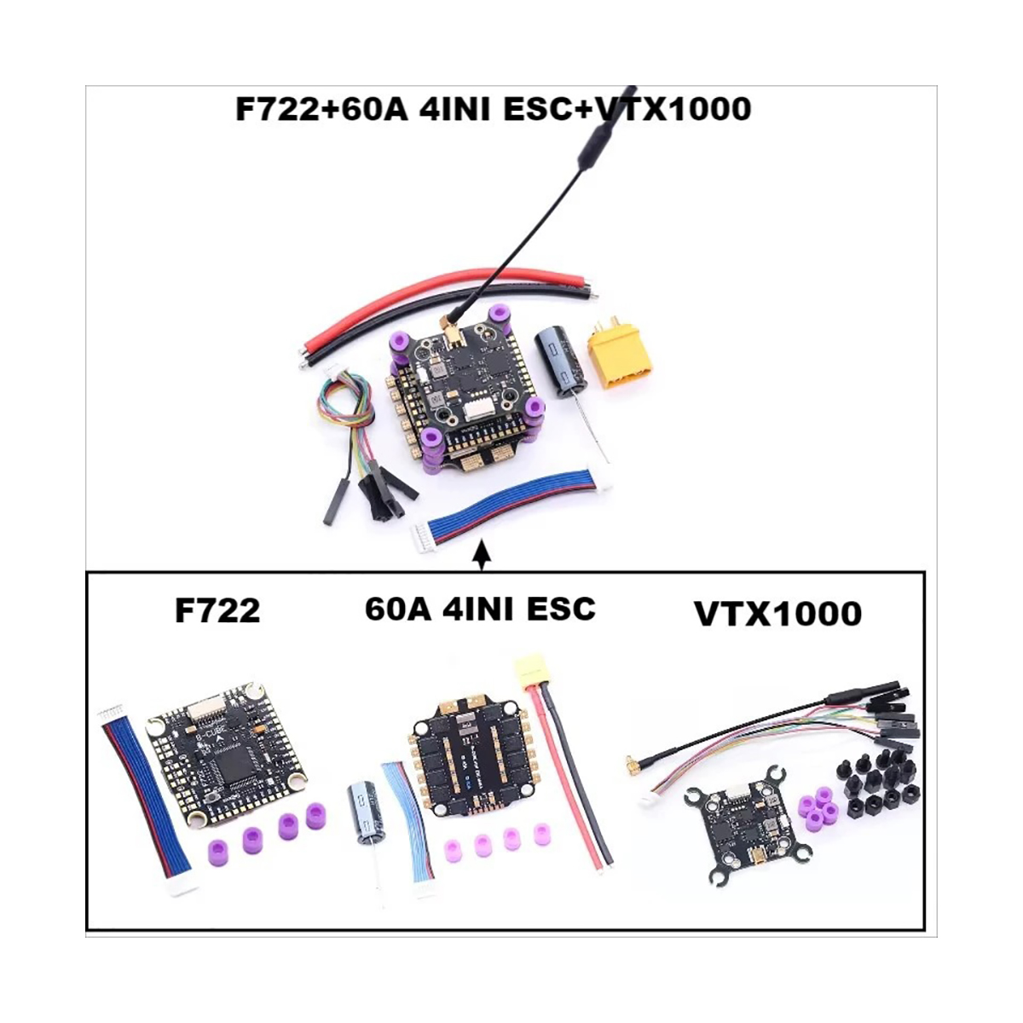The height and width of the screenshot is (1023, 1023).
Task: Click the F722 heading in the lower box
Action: point(217,611)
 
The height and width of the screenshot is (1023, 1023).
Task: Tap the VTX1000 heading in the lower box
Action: point(777,614)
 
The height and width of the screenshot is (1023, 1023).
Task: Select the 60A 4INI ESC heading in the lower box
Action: point(480,609)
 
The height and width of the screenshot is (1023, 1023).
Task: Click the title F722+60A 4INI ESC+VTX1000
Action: point(493,109)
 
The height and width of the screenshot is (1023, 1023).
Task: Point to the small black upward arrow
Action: point(483,554)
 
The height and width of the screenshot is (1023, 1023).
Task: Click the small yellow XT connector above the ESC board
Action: point(528,670)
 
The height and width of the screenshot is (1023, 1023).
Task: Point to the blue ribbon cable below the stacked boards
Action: point(511,506)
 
